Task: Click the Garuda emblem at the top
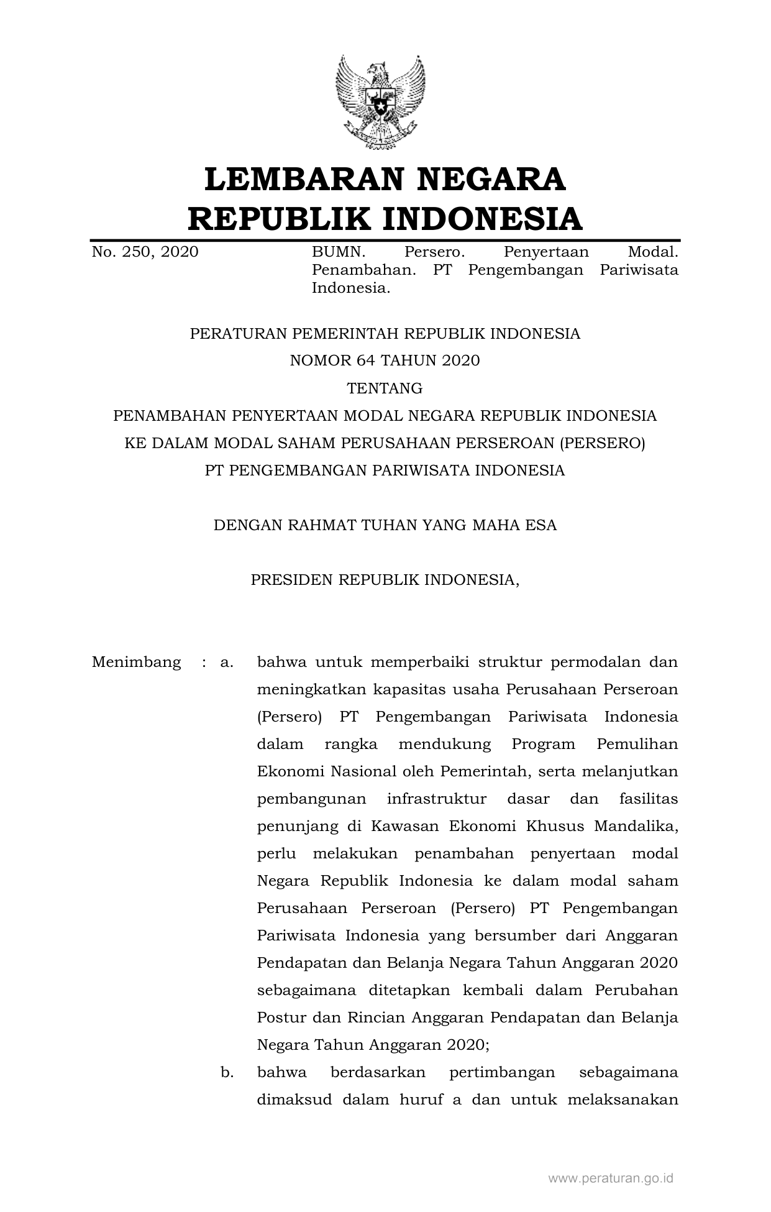[x=380, y=103]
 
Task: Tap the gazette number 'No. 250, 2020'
[x=145, y=252]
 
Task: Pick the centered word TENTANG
[x=385, y=388]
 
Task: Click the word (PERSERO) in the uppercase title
[x=603, y=443]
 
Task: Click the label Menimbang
[x=136, y=662]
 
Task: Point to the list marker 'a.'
[x=227, y=662]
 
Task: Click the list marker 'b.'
[x=227, y=1072]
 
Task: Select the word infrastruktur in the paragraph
[x=436, y=799]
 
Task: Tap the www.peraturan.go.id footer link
[x=611, y=1178]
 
